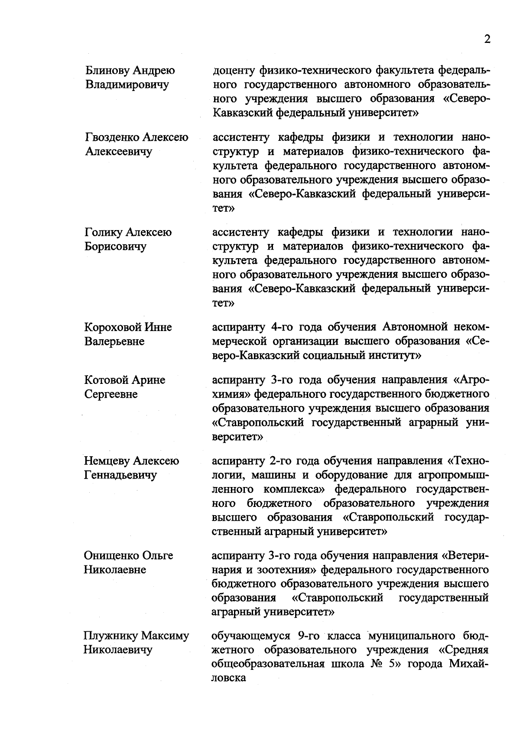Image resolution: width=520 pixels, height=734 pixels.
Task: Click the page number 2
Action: [x=487, y=39]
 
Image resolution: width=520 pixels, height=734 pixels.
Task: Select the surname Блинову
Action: [x=106, y=70]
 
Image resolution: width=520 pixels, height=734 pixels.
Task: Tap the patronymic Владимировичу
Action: [x=127, y=84]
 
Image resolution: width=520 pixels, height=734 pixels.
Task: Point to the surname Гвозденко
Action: [x=112, y=137]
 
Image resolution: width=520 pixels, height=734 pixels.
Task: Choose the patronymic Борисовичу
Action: [x=115, y=247]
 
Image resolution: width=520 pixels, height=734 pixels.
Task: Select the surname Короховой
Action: [x=113, y=327]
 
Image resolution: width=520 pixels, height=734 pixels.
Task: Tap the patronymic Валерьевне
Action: [x=114, y=341]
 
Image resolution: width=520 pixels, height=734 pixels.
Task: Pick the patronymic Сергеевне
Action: [x=110, y=394]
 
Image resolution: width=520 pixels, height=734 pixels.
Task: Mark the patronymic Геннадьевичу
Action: [x=120, y=475]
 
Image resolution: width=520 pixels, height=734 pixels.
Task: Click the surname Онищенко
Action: [x=111, y=555]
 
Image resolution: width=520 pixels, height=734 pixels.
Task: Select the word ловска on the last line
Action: [x=228, y=678]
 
